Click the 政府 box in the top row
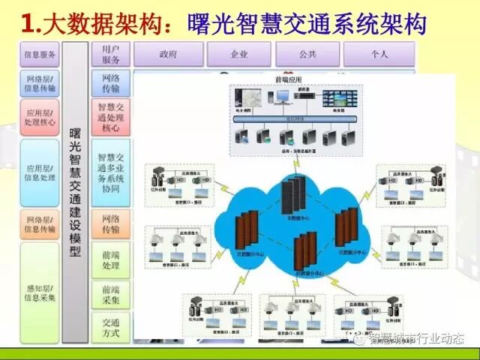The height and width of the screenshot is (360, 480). (x=168, y=55)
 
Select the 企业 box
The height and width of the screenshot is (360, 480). (x=238, y=55)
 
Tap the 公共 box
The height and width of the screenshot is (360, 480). (x=307, y=55)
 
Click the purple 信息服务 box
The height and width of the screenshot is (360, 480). (x=39, y=54)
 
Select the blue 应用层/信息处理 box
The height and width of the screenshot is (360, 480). (x=39, y=172)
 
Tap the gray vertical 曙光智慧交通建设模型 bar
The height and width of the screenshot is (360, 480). (x=75, y=191)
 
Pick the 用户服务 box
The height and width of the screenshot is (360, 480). (x=111, y=54)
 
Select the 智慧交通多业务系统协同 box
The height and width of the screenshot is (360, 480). (x=111, y=173)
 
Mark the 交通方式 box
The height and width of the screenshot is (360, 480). (x=111, y=327)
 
